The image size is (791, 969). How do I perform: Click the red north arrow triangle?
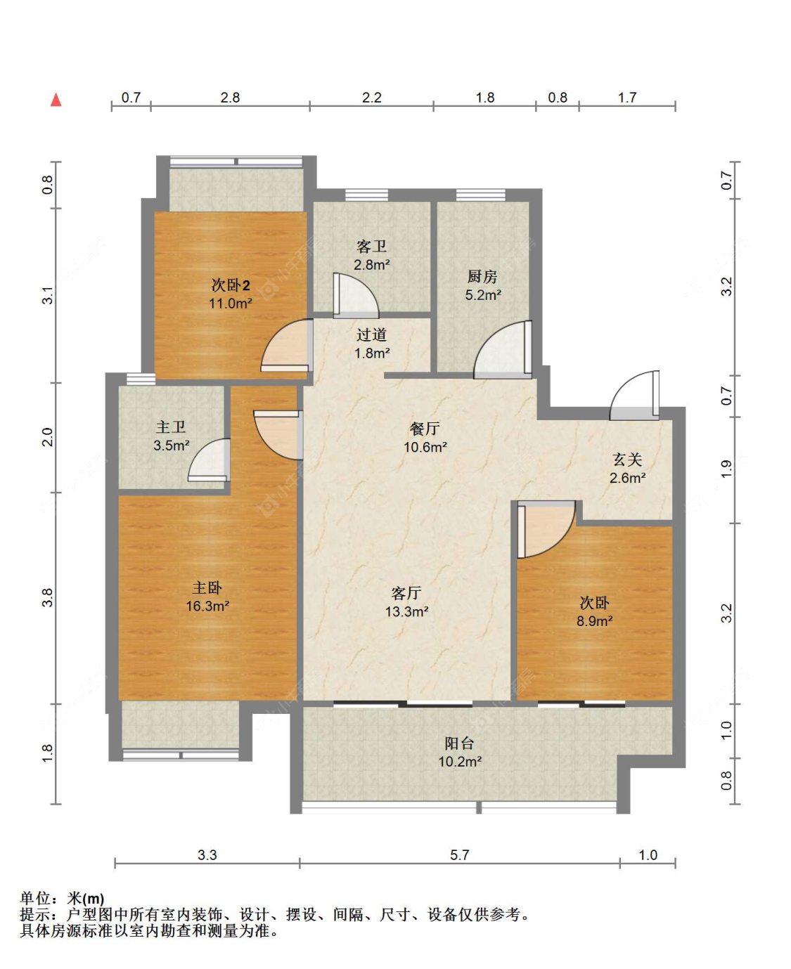(x=56, y=100)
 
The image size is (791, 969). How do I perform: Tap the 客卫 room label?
(x=371, y=247)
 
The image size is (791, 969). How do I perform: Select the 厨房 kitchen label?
(x=482, y=277)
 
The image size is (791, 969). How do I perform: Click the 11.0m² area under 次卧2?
(x=231, y=304)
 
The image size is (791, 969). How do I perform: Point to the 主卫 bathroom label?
(x=171, y=427)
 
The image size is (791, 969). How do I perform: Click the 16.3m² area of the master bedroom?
(x=207, y=606)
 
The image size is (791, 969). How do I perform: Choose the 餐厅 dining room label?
(x=425, y=429)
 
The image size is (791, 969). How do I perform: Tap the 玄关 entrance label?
(x=627, y=460)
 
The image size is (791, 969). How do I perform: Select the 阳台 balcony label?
(x=459, y=743)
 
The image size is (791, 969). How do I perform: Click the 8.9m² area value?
(x=595, y=621)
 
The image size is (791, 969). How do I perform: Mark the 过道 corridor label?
(x=371, y=335)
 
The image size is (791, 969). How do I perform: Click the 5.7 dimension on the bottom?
(x=459, y=855)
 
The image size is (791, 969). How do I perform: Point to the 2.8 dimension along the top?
(x=230, y=98)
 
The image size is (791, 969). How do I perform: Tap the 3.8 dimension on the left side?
(x=47, y=597)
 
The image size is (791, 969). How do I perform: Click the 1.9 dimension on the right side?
(x=726, y=469)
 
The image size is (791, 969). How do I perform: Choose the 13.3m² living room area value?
(x=407, y=612)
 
